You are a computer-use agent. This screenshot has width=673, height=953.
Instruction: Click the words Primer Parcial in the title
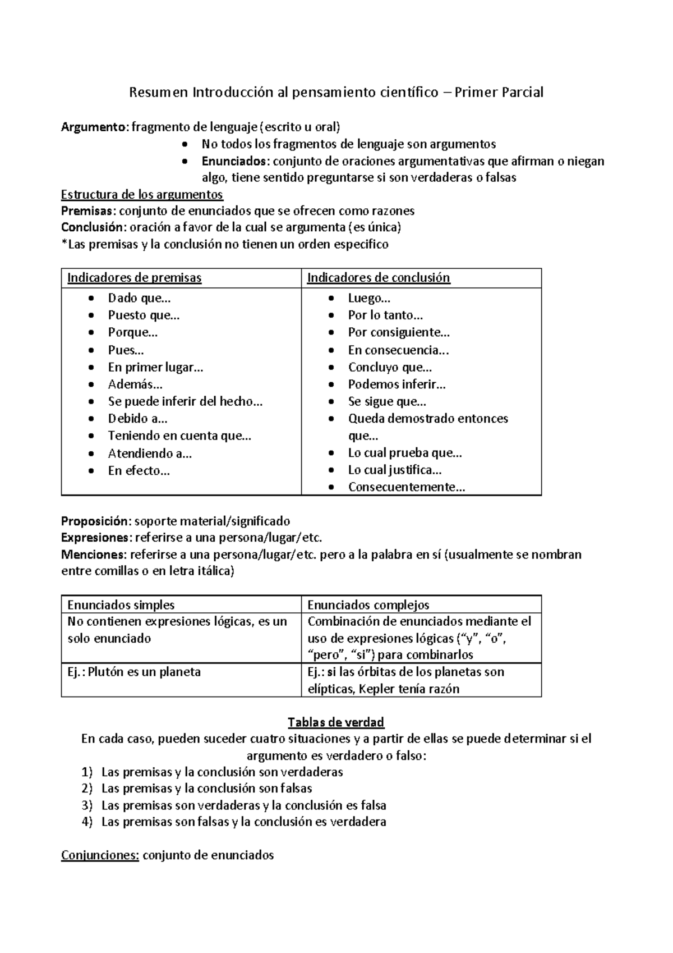tap(499, 92)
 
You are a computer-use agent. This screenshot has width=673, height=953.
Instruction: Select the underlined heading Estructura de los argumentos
tap(141, 195)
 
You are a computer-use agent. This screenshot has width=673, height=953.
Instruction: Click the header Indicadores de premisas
tap(134, 278)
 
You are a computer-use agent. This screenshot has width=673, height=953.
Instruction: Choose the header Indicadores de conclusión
tap(379, 278)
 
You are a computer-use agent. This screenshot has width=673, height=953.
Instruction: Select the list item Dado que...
tap(139, 298)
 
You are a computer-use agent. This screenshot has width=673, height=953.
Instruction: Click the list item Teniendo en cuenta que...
tap(179, 436)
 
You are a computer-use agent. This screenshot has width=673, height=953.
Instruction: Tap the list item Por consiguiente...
tap(399, 332)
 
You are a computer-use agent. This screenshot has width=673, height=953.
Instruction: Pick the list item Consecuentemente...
tap(407, 487)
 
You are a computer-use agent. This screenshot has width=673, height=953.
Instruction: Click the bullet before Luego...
tap(333, 299)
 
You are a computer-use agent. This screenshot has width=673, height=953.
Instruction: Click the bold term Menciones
tap(94, 555)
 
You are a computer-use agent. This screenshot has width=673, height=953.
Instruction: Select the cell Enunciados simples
tap(121, 605)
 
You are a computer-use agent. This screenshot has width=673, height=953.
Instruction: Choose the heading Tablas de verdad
tap(335, 722)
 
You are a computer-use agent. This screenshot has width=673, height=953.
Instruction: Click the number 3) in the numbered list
tap(86, 805)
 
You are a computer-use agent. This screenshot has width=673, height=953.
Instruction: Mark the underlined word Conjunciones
tap(100, 855)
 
